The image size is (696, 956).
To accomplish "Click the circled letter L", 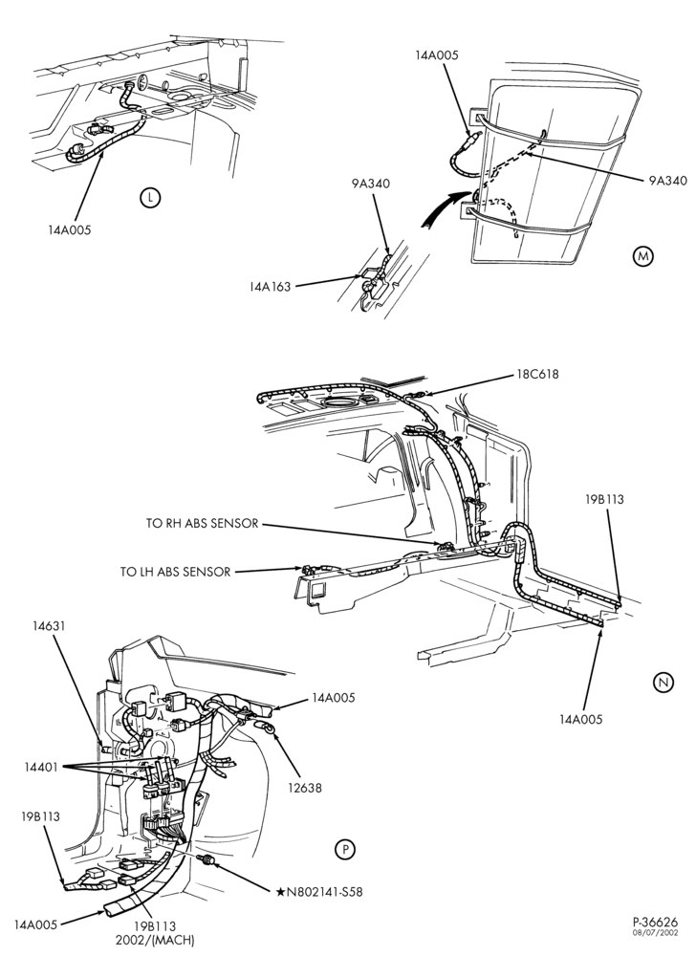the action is click(150, 197).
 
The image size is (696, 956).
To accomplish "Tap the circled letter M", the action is click(642, 256).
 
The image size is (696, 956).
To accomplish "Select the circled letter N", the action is click(663, 683).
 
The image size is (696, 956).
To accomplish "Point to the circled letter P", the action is click(345, 849).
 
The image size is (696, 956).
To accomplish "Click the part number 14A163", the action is click(269, 286).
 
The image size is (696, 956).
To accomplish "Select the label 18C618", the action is click(537, 375).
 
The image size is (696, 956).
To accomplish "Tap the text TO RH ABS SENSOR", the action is click(203, 523).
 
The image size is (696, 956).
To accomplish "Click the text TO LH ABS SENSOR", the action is click(176, 572).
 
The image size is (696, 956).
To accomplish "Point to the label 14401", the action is click(41, 767).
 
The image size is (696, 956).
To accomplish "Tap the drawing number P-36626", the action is click(655, 922).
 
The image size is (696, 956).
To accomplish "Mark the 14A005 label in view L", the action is click(70, 229).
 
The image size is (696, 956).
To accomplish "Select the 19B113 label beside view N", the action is click(604, 499).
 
